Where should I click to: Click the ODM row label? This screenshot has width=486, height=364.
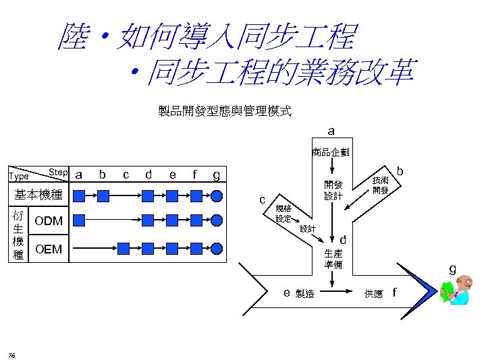coord(49,220)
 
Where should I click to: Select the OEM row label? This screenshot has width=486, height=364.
coord(48,249)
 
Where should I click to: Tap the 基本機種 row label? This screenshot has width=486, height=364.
coord(38,195)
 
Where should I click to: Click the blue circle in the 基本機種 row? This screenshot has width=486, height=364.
coord(217,196)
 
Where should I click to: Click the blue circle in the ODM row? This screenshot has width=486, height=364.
coord(217,220)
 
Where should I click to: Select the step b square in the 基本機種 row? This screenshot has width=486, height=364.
coord(103,196)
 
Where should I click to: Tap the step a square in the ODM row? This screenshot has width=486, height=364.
coord(79,220)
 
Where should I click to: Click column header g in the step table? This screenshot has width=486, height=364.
coord(216,175)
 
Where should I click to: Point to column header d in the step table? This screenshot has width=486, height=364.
coord(148,175)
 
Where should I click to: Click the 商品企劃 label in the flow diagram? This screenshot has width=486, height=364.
coord(330,152)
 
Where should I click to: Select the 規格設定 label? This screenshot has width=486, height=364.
coord(283,214)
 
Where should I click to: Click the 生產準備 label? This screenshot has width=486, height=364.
coord(333,259)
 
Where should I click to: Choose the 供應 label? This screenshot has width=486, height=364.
coord(373,293)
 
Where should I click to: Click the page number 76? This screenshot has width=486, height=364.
coord(13,356)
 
